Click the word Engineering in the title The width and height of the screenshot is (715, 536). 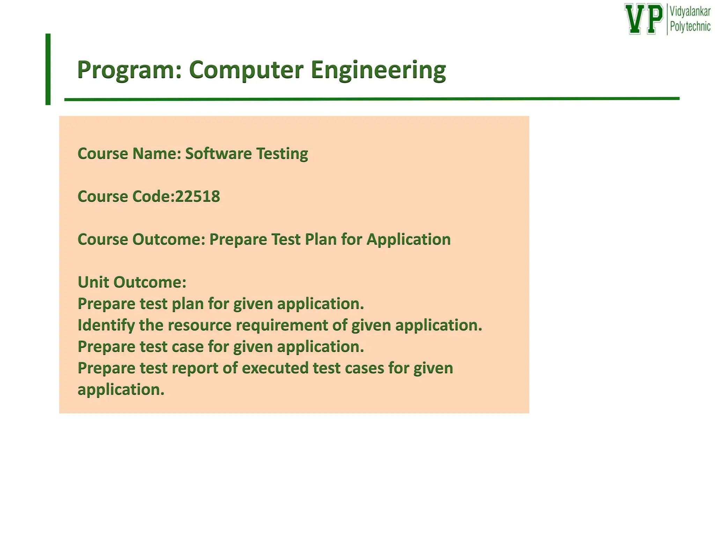378,70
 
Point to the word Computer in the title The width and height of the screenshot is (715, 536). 246,70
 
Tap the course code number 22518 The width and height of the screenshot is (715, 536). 198,196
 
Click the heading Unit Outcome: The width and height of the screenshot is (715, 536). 132,282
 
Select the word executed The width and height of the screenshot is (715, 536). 275,368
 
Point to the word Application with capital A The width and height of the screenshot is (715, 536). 408,239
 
